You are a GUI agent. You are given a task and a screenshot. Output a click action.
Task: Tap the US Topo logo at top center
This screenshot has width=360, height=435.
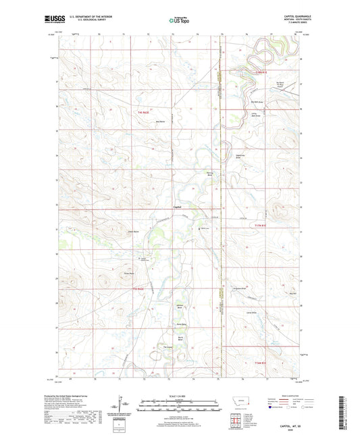(x=179, y=21)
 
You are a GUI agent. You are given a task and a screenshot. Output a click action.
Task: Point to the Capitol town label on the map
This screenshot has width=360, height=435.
(x=177, y=206)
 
